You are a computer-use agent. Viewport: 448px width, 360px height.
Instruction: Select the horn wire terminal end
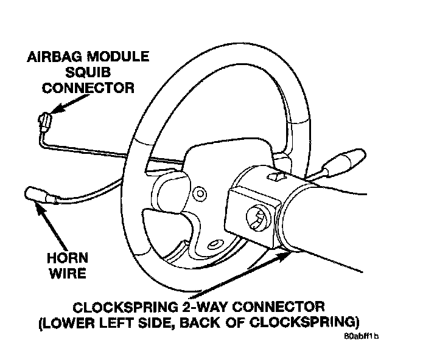tap(37, 195)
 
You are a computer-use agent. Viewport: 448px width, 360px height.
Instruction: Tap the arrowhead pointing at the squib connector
tap(55, 111)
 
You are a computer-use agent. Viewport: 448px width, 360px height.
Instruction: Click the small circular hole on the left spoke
tap(197, 194)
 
